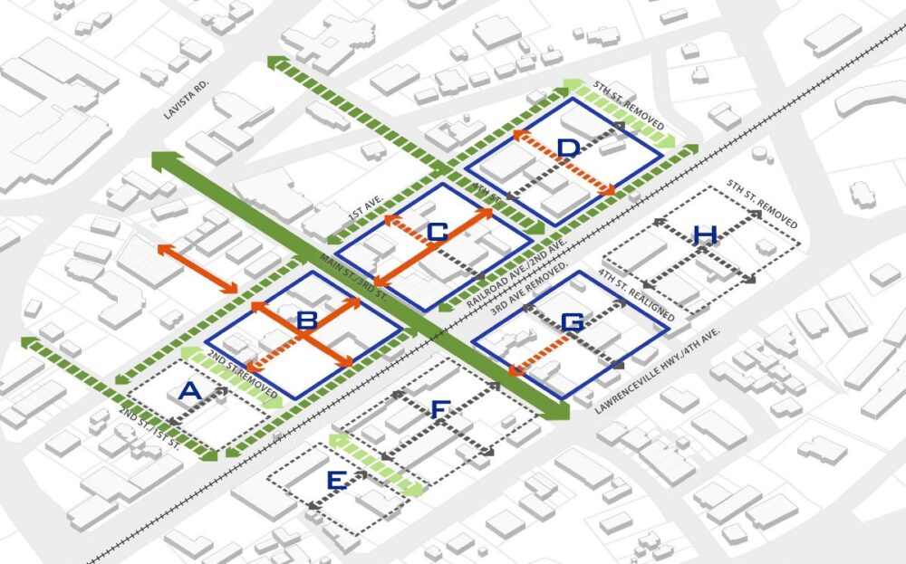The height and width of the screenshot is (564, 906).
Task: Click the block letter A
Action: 189,391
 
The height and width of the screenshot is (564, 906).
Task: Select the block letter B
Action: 306,320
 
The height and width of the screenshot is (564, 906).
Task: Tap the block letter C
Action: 438,233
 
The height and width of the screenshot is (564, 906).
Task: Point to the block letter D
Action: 567,148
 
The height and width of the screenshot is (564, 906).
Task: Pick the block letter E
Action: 335,482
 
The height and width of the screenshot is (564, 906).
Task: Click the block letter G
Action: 572,321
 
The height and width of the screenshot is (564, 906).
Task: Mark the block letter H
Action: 704,236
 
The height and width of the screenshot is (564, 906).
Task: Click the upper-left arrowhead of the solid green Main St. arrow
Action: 161,161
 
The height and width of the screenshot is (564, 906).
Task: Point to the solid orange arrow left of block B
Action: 198,268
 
